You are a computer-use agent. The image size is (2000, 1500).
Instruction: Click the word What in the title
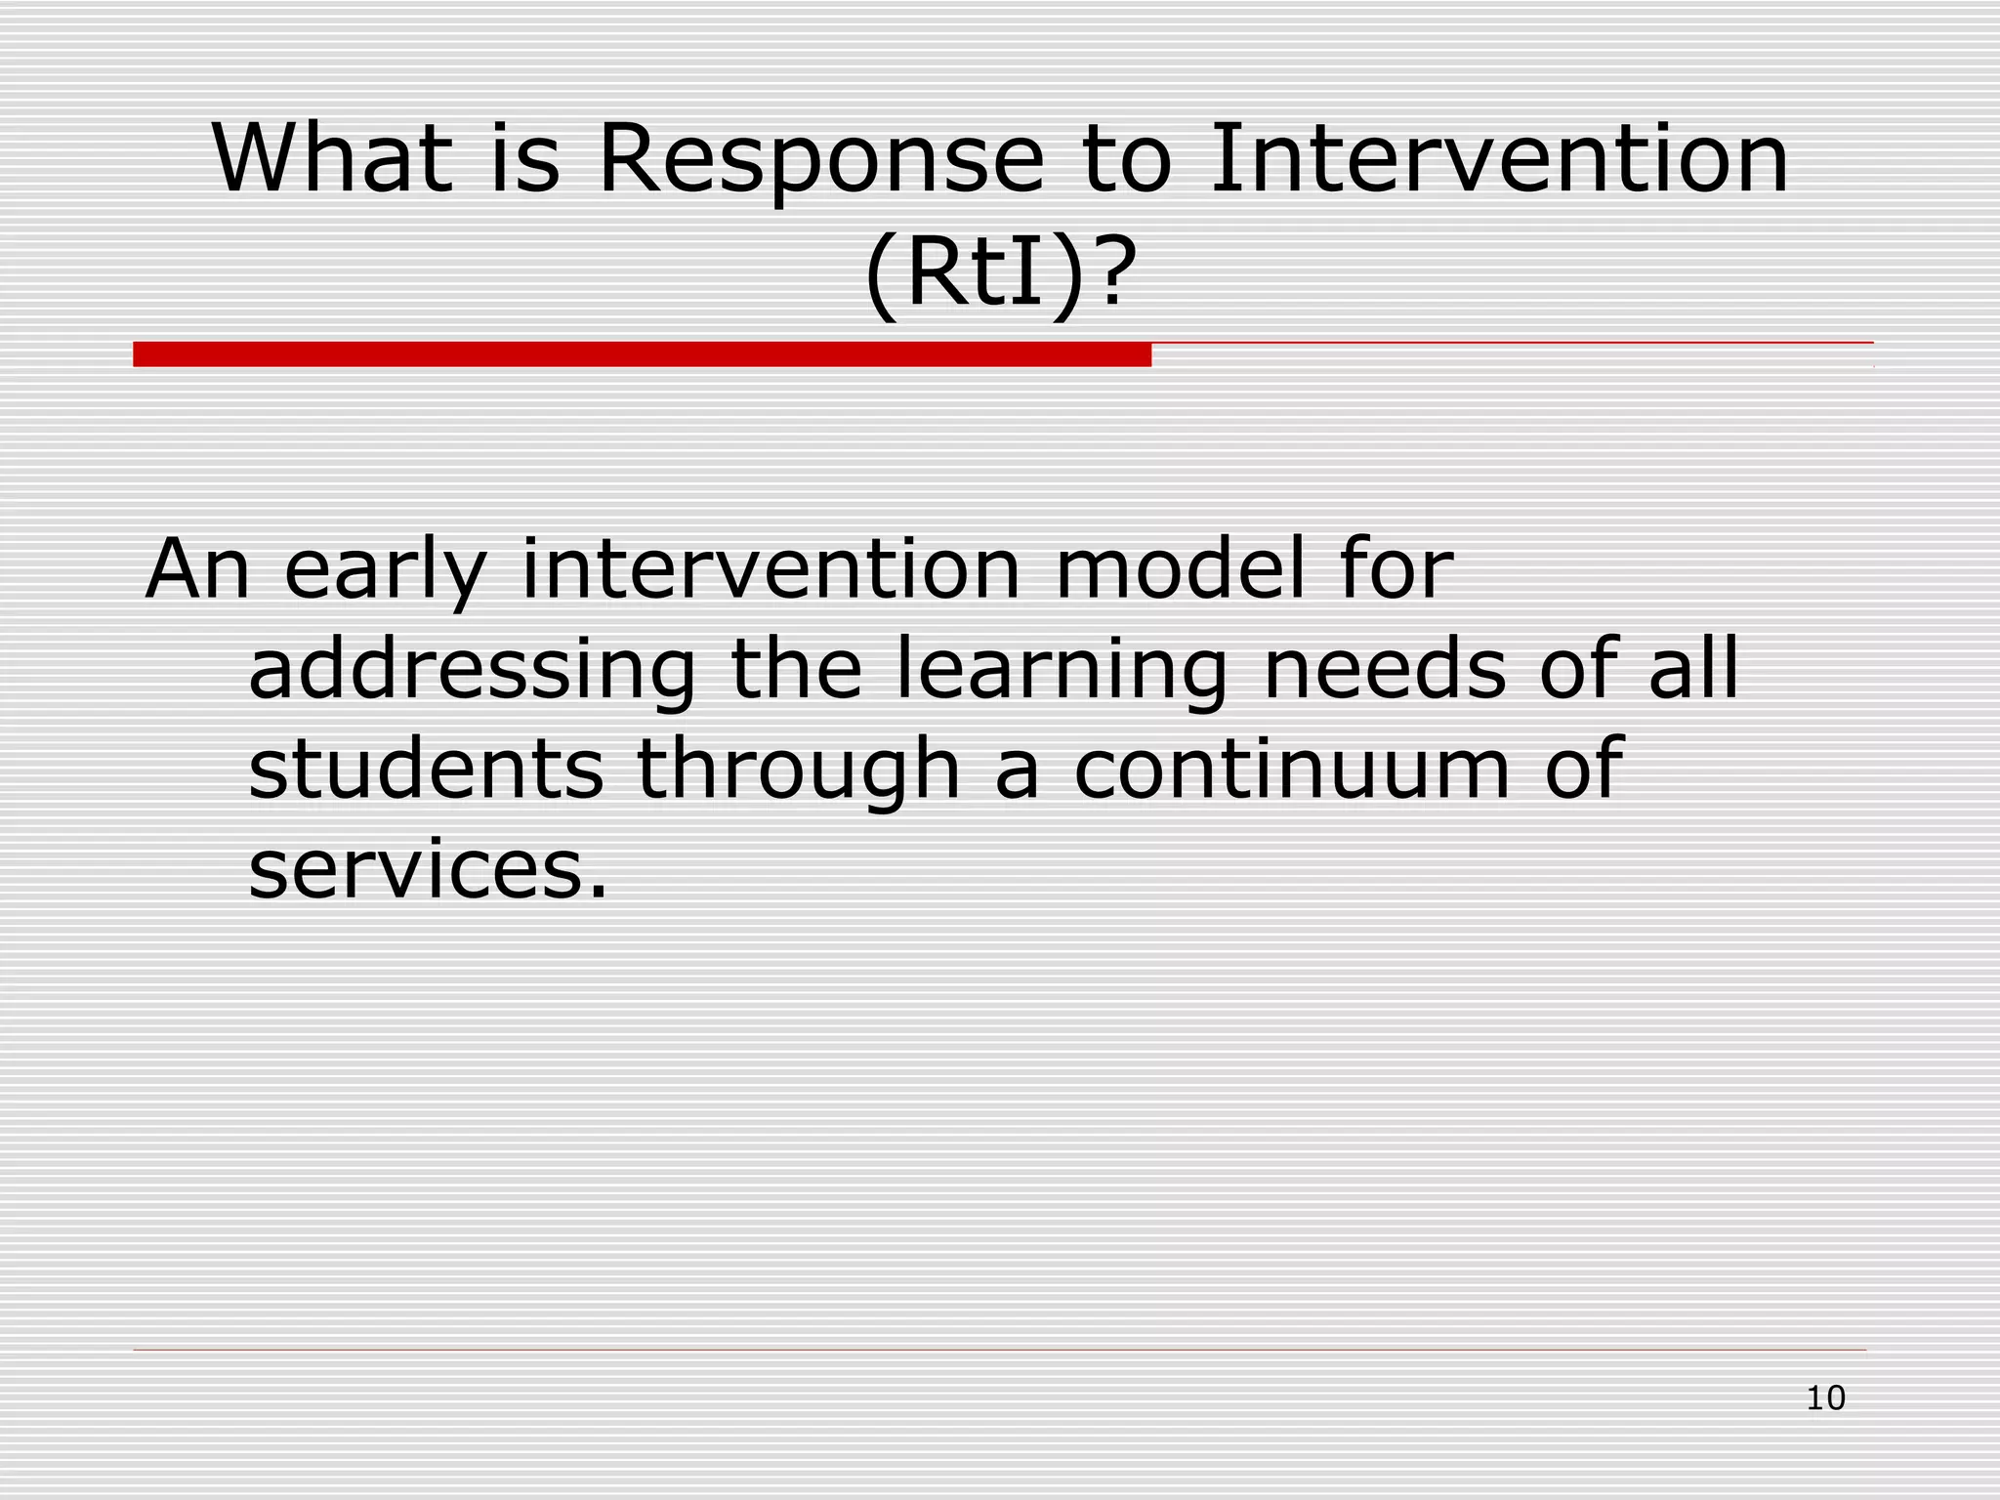332,158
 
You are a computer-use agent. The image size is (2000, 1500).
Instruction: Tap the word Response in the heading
820,161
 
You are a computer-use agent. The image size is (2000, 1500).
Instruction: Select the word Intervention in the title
1499,158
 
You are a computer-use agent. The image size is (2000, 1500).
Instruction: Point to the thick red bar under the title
642,354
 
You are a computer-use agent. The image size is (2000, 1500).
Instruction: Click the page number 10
1825,1398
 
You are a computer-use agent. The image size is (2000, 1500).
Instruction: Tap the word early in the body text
385,571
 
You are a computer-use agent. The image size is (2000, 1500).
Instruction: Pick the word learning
1061,672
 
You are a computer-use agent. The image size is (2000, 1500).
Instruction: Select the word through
799,771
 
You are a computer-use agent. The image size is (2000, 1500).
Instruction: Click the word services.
428,871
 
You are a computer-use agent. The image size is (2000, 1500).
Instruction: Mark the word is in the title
525,158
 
